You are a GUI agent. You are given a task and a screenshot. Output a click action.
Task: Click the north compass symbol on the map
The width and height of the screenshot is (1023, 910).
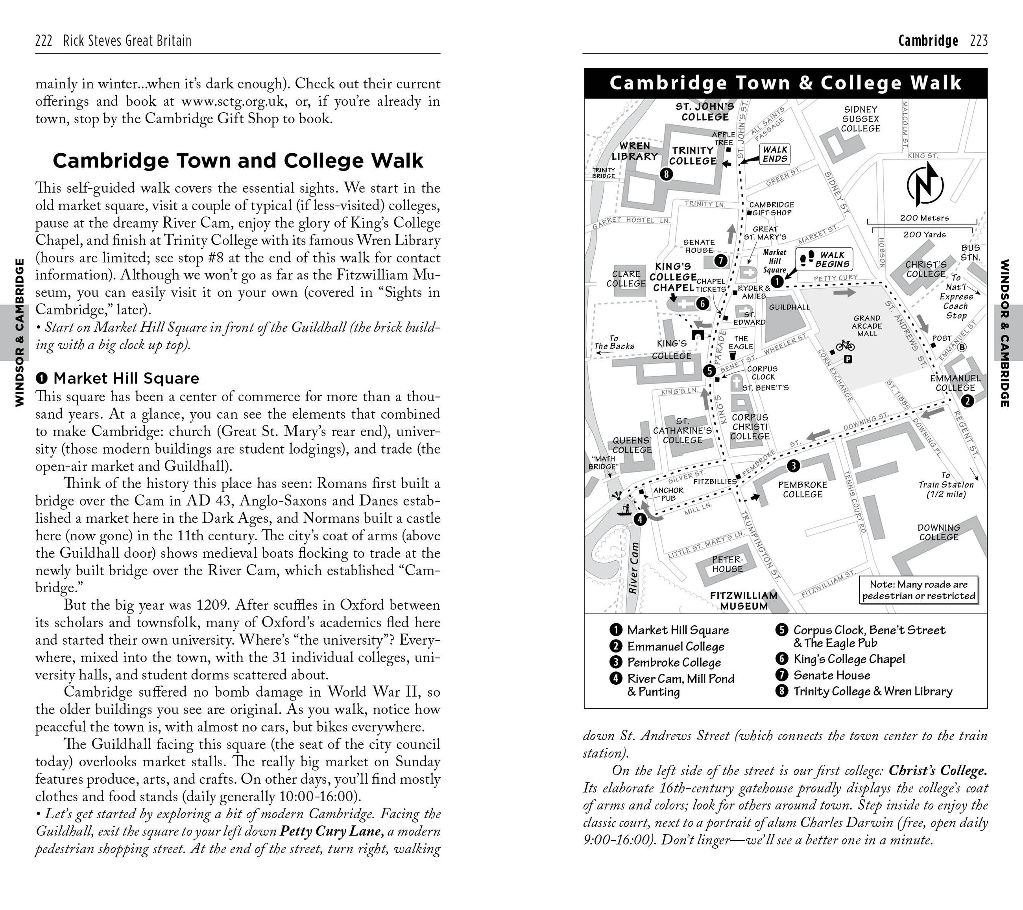point(925,185)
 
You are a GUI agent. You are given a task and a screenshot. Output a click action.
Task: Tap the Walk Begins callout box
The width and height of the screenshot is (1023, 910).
point(824,259)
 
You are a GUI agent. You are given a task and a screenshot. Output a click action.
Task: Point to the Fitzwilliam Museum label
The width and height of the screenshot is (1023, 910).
point(744,600)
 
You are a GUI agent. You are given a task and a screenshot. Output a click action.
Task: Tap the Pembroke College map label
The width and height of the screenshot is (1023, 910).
point(803,489)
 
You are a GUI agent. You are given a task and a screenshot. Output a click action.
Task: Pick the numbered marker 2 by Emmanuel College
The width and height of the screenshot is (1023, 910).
point(968,401)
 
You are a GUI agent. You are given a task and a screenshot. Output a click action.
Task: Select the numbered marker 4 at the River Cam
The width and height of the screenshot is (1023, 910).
point(640,519)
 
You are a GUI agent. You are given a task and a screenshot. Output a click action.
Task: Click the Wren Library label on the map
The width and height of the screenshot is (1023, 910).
point(635,151)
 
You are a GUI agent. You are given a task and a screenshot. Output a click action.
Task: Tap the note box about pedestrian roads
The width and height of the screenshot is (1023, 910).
point(918,590)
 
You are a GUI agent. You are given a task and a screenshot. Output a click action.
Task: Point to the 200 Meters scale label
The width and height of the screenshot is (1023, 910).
point(924,218)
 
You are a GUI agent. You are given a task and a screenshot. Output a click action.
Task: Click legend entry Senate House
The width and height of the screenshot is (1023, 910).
point(831,675)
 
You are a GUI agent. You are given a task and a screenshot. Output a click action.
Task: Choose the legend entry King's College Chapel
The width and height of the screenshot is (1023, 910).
point(849,659)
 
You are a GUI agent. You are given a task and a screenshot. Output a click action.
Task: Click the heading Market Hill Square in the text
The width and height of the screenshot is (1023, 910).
point(126,378)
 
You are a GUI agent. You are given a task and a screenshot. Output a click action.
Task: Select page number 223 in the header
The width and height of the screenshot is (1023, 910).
point(979,41)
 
